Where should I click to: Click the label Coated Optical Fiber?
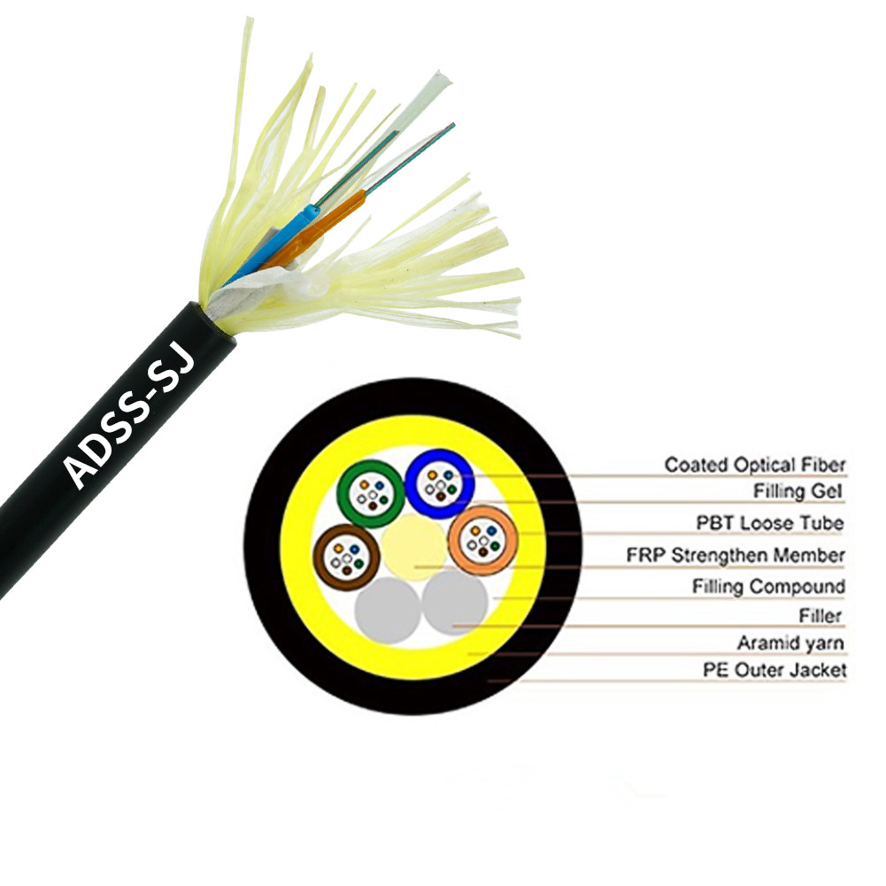[x=755, y=465]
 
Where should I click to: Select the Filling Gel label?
[x=797, y=491]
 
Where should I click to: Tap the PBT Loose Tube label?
[x=769, y=523]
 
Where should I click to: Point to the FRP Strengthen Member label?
[x=736, y=555]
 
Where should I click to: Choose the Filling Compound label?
[x=768, y=587]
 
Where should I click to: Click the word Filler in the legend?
[x=821, y=615]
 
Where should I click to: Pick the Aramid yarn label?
[x=790, y=643]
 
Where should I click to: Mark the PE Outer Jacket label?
[x=774, y=670]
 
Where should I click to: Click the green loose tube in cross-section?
[x=342, y=493]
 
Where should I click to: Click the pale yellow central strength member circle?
[x=414, y=547]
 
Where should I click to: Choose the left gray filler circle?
[x=388, y=610]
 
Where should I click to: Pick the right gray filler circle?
[x=456, y=603]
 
